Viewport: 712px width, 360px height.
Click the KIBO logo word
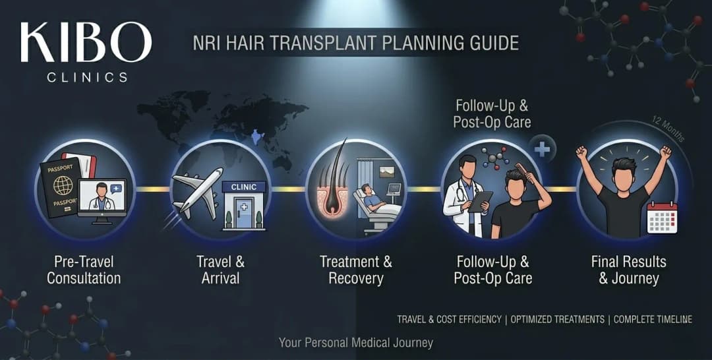[86, 43]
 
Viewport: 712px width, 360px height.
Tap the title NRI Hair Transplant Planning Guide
[355, 44]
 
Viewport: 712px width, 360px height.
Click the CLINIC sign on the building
[243, 187]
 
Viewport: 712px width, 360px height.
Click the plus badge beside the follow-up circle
[542, 149]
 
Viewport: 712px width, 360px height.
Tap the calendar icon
[662, 217]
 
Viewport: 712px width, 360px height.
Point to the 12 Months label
[670, 129]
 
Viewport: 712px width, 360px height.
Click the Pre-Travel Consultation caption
[84, 269]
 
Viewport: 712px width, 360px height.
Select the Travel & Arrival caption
[220, 269]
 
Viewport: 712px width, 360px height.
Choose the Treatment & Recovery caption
[356, 269]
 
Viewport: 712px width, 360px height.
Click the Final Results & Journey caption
[628, 269]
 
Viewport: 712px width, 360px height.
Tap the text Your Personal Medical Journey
[356, 342]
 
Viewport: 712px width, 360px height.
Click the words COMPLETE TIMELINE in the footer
[653, 319]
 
